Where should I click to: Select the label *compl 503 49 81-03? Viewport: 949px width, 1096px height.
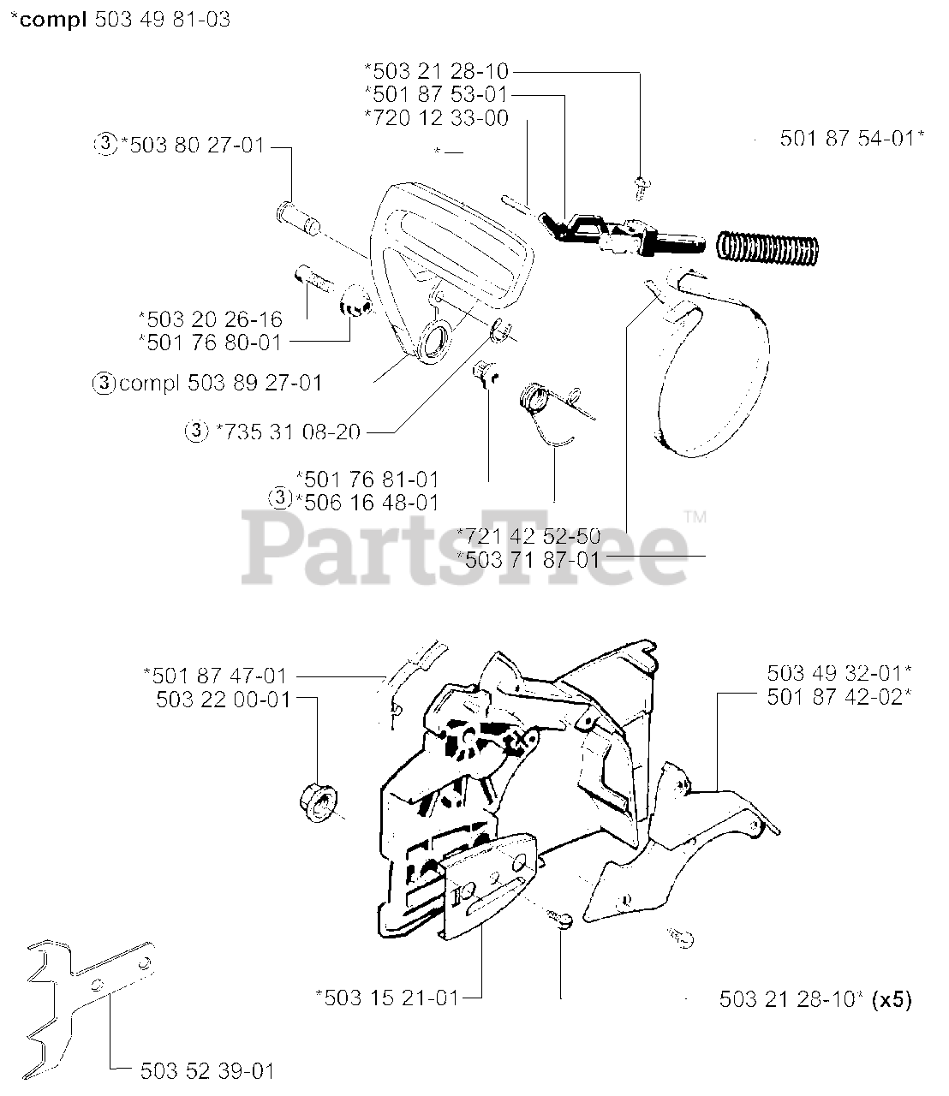(120, 19)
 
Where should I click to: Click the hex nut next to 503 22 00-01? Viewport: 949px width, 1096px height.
(317, 799)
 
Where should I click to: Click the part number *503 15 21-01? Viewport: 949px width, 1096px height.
(387, 997)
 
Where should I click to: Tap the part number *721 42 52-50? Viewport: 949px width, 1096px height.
(528, 536)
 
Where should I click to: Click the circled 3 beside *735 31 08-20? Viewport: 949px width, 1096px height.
(196, 432)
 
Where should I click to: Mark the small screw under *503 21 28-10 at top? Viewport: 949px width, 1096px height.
(638, 182)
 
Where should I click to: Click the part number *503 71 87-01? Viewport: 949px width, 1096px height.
(528, 558)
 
